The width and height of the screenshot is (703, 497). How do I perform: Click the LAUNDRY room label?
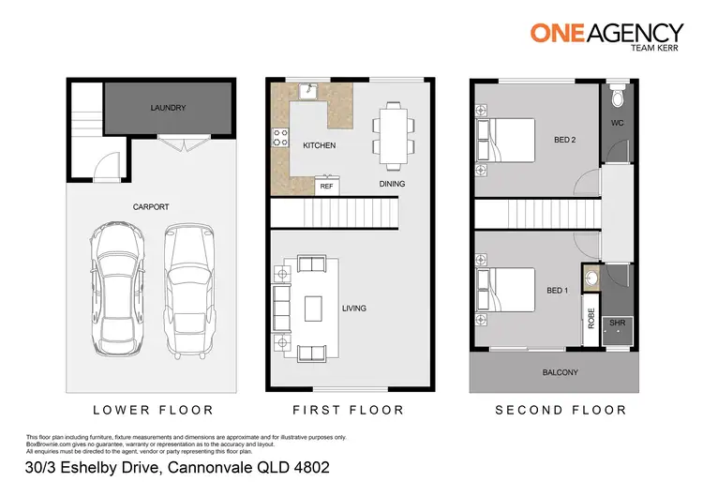pos(168,108)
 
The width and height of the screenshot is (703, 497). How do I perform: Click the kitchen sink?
pos(306,91)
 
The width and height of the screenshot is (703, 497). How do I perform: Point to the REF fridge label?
pos(326,187)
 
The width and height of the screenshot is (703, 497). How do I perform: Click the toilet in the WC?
pos(616,98)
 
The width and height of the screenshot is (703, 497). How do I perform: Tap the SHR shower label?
pos(616,323)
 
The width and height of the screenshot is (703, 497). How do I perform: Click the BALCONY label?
pos(561,372)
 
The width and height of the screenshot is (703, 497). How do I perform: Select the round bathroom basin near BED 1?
pos(591,278)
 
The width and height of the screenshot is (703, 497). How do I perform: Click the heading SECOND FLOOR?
pos(560,410)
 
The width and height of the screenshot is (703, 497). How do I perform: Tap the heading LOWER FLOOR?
pos(153,410)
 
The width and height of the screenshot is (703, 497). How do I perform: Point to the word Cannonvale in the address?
pos(207,466)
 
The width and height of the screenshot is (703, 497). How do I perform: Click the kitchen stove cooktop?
pos(279,139)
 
